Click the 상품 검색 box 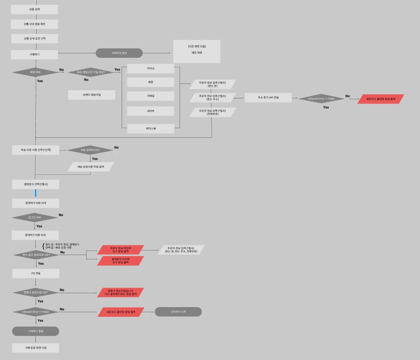35,9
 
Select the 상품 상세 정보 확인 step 35,24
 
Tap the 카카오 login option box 151,69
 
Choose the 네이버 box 151,111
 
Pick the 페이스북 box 151,129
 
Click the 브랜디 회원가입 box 91,95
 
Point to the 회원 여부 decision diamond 35,72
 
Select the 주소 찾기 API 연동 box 268,98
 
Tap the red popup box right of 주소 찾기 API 381,99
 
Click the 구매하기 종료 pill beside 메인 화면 119,53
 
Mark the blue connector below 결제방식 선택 35,193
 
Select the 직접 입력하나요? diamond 90,150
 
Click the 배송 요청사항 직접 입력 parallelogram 90,167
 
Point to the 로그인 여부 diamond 35,217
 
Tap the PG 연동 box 36,273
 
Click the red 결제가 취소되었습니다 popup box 121,292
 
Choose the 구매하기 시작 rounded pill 178,312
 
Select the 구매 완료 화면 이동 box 36,348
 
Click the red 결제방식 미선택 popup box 121,261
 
